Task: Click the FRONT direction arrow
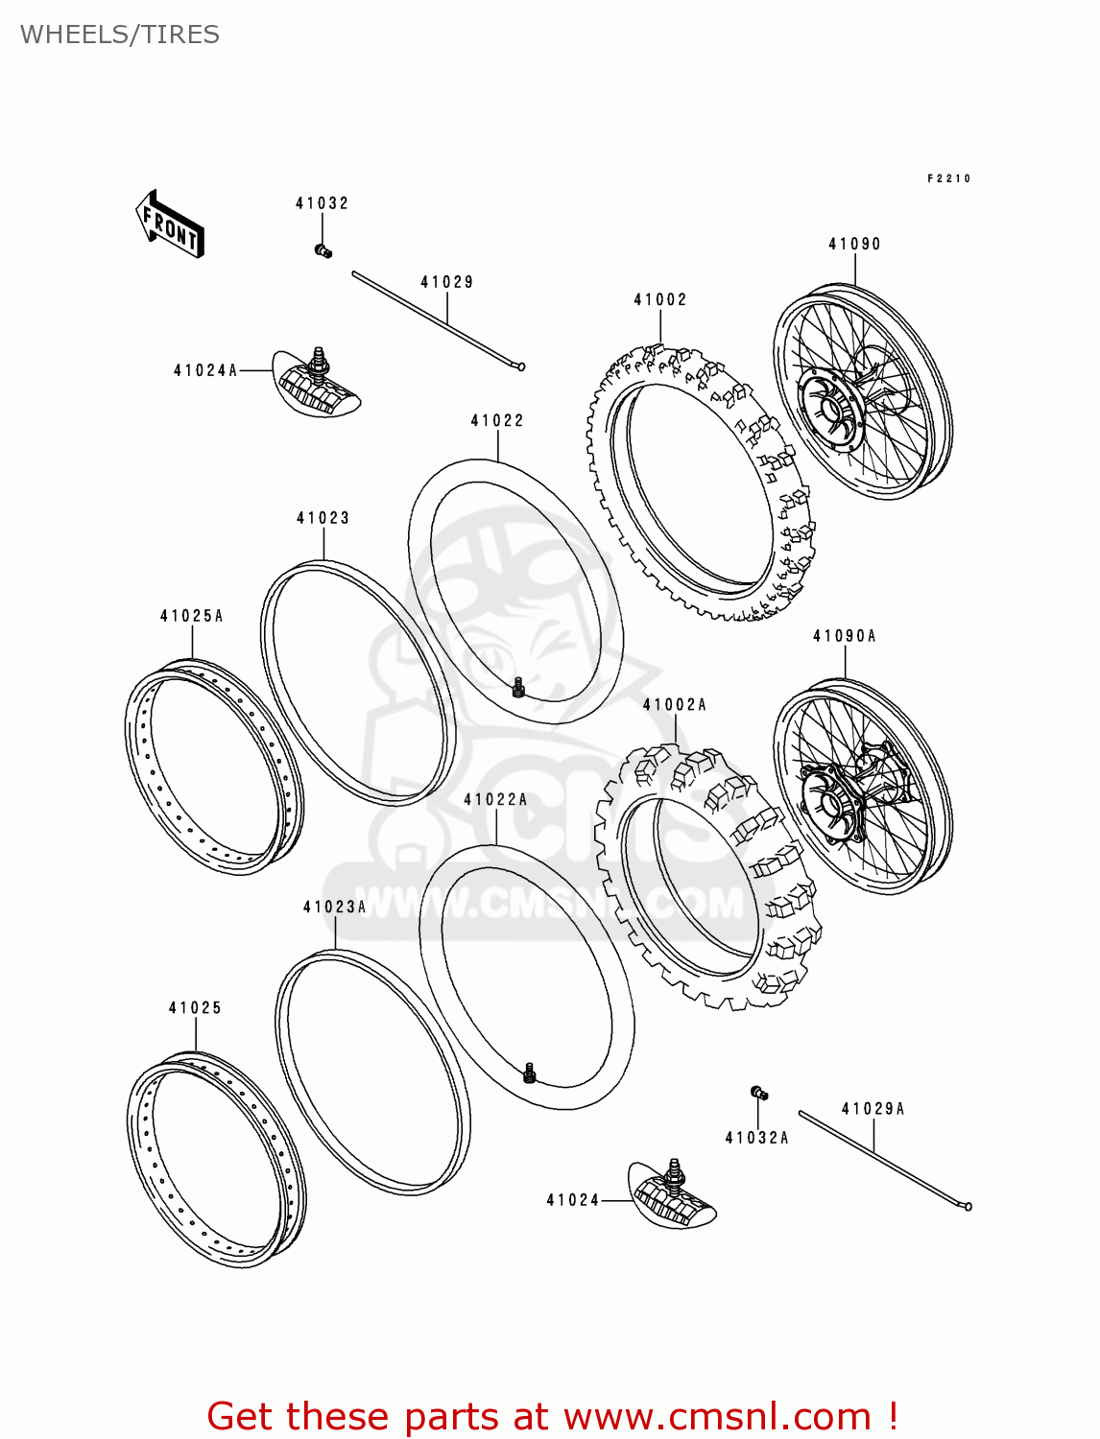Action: (x=169, y=224)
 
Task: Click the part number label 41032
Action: (x=322, y=203)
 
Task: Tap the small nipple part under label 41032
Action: (x=323, y=251)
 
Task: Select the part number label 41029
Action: (x=446, y=282)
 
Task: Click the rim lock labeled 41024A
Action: (x=316, y=384)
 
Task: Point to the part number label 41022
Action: (x=497, y=420)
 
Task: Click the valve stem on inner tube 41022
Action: (x=518, y=687)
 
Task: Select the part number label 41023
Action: (x=323, y=518)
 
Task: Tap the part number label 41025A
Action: (x=191, y=616)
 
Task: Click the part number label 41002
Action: (x=660, y=300)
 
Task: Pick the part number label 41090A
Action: (x=845, y=636)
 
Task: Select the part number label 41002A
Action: (x=675, y=705)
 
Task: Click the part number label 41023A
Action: (x=335, y=907)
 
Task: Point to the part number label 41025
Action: (x=195, y=1007)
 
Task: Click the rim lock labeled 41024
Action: (x=673, y=1194)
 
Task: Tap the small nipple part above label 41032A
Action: (x=758, y=1092)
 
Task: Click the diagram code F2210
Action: (x=948, y=178)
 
